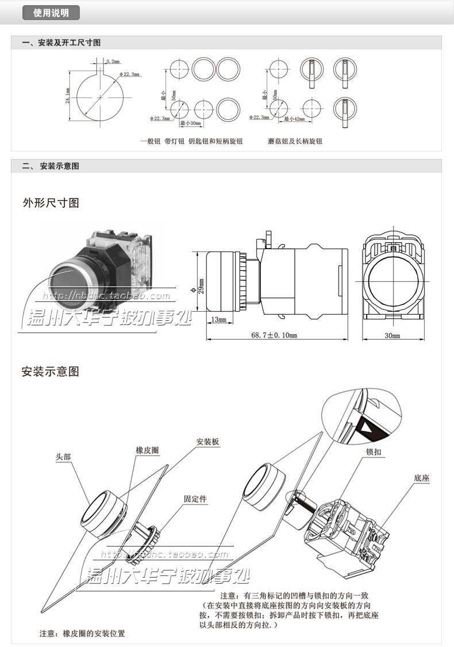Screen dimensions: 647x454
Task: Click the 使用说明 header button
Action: tap(51, 13)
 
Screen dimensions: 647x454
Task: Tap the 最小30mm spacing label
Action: tap(190, 123)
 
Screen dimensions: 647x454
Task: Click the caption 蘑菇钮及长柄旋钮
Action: tap(295, 141)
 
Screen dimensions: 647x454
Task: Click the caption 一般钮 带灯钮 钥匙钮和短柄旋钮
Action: tap(191, 141)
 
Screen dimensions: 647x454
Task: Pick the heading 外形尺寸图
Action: tap(50, 203)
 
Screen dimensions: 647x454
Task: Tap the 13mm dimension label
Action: tap(218, 319)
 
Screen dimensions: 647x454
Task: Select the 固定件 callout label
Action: tap(195, 499)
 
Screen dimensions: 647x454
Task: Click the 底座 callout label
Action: tap(422, 478)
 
